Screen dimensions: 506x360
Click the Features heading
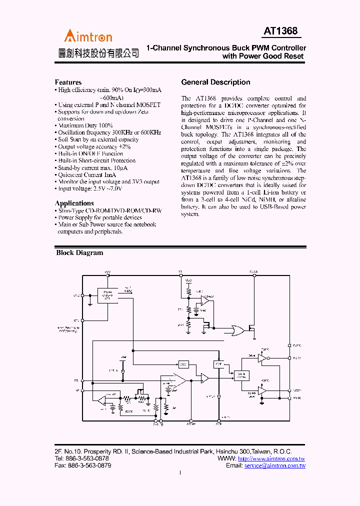click(x=68, y=82)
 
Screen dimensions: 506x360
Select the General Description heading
click(x=215, y=82)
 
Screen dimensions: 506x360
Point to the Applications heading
click(x=74, y=203)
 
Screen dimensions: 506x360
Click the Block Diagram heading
click(x=79, y=252)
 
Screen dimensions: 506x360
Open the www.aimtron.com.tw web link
click(x=271, y=458)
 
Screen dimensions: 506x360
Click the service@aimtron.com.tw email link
click(x=274, y=465)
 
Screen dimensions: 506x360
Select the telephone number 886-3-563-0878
click(x=88, y=458)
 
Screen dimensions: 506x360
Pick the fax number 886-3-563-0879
click(x=89, y=465)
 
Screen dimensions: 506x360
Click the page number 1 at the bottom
click(x=180, y=473)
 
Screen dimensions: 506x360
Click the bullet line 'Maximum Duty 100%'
click(x=85, y=125)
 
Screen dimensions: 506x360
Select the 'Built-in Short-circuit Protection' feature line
click(x=96, y=160)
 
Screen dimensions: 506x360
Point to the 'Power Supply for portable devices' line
click(x=100, y=217)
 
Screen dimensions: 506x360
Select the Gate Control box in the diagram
click(x=241, y=374)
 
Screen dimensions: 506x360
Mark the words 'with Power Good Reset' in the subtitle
click(x=263, y=56)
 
